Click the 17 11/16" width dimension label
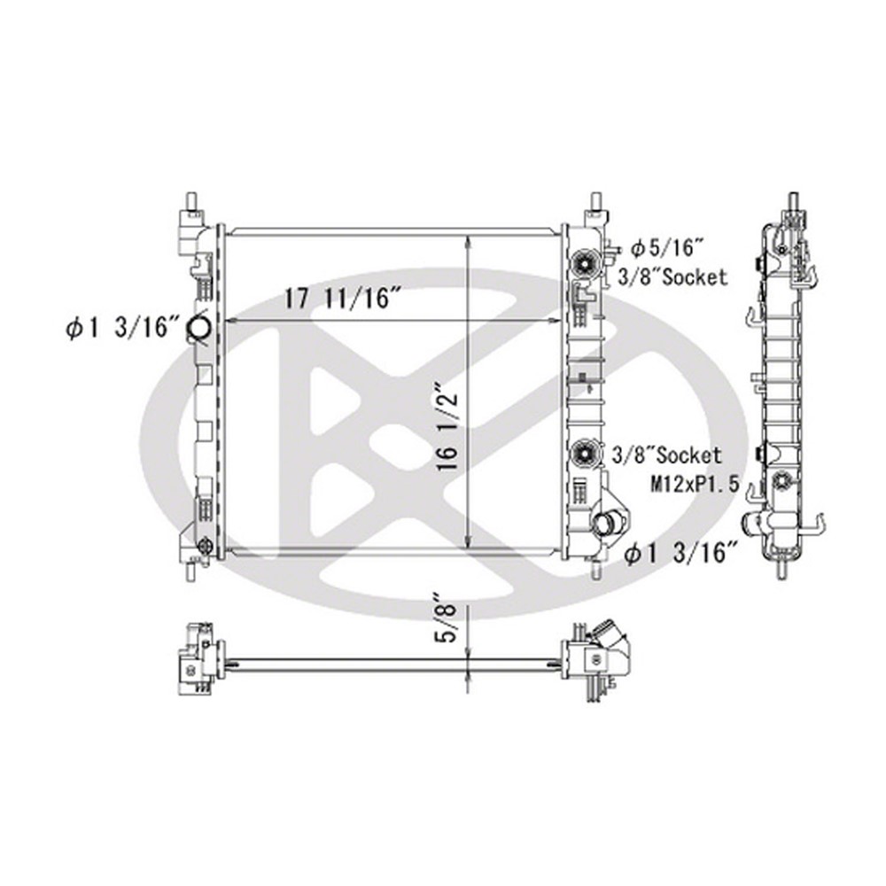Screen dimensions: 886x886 (338, 299)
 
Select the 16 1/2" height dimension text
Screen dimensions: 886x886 (450, 424)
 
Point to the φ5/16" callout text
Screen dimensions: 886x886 (667, 248)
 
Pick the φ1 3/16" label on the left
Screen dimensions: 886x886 (117, 329)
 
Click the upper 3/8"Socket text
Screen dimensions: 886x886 (672, 277)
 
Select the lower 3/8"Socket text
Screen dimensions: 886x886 (666, 456)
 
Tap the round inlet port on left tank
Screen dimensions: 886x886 (198, 329)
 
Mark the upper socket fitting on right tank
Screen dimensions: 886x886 (585, 261)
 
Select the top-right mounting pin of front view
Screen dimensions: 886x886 (595, 198)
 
